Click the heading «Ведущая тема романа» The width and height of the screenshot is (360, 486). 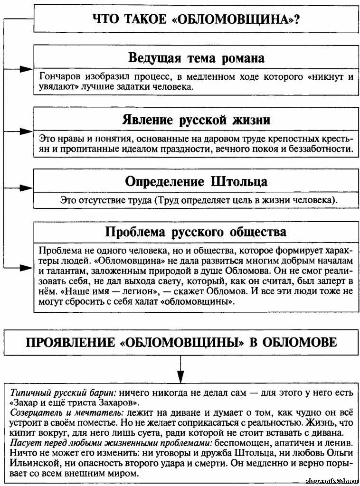pyautogui.click(x=197, y=58)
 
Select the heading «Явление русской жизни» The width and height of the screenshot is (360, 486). pyautogui.click(x=197, y=119)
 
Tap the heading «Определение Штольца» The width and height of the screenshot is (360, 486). pyautogui.click(x=197, y=181)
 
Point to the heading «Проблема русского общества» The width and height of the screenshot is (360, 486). pyautogui.click(x=197, y=232)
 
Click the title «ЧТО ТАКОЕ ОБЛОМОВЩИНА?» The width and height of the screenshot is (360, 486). pyautogui.click(x=197, y=20)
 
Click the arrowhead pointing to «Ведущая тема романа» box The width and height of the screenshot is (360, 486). pyautogui.click(x=27, y=70)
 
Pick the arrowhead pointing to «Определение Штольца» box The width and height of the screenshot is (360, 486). pyautogui.click(x=27, y=186)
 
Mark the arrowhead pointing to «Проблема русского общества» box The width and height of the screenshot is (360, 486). pyautogui.click(x=27, y=268)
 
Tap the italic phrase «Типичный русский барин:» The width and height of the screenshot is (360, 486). pyautogui.click(x=63, y=393)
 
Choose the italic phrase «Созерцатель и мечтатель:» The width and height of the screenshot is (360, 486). pyautogui.click(x=66, y=412)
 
